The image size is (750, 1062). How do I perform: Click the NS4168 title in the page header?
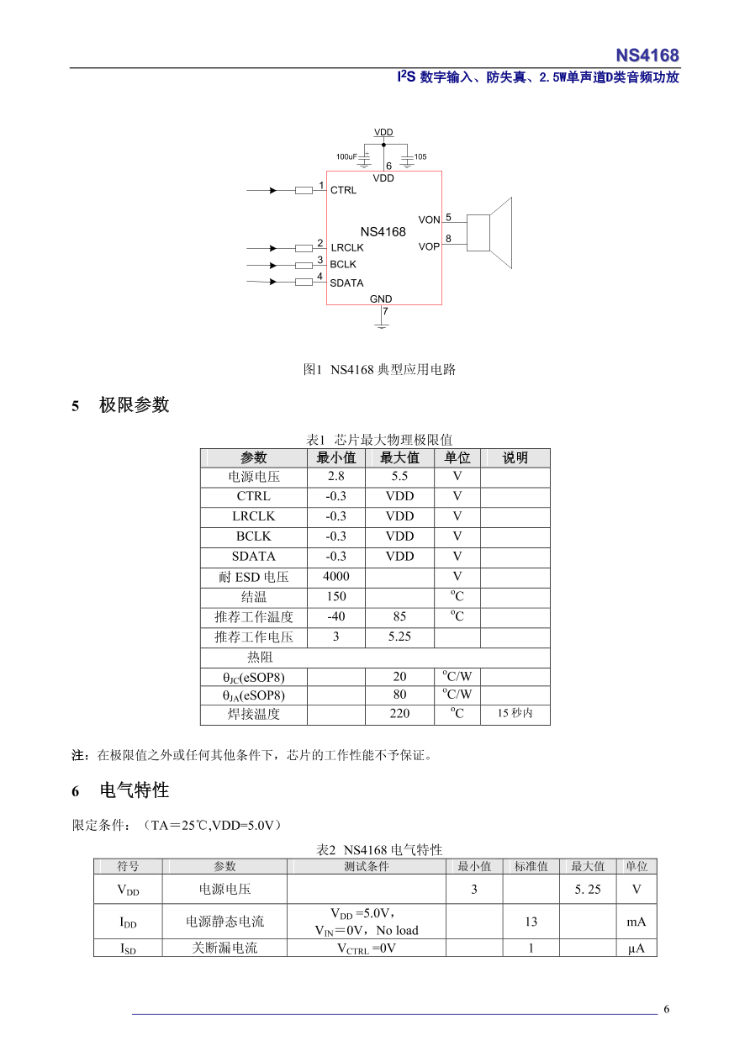click(x=647, y=55)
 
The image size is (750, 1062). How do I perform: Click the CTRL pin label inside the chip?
click(x=343, y=190)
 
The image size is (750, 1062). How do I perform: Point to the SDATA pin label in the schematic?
click(x=346, y=283)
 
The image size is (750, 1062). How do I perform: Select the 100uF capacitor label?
click(x=346, y=157)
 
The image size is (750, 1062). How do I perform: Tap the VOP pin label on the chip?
click(x=429, y=247)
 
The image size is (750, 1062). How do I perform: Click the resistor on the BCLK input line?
click(x=304, y=266)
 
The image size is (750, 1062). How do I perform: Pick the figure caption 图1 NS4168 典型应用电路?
click(x=379, y=369)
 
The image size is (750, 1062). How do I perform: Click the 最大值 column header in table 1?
click(x=399, y=458)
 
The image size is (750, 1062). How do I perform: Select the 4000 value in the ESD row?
click(x=335, y=577)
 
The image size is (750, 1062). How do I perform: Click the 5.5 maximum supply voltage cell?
click(x=399, y=476)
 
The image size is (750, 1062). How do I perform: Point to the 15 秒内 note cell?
click(x=515, y=714)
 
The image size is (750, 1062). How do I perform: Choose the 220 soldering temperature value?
click(x=399, y=714)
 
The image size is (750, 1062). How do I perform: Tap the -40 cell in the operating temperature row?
click(x=335, y=616)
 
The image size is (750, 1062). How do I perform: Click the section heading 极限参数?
click(x=135, y=405)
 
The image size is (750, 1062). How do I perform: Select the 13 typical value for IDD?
click(x=531, y=922)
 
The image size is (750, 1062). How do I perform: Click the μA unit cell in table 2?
click(x=636, y=948)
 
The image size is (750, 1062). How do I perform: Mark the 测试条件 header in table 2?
click(x=366, y=867)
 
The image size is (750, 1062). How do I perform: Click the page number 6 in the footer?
click(x=667, y=1010)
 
